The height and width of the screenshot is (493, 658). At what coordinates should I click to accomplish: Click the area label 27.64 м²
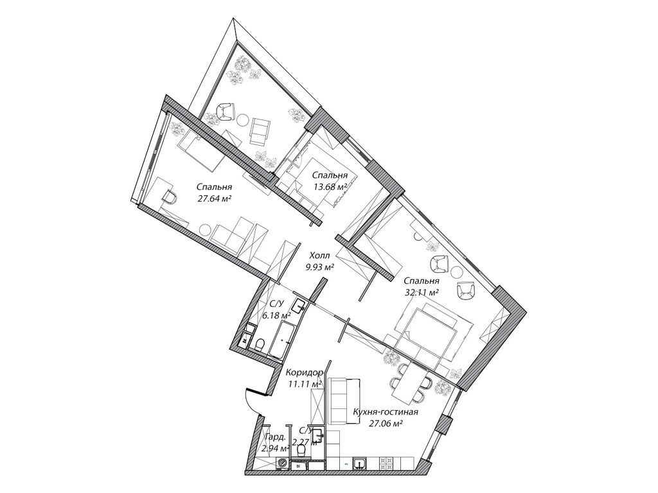coord(215,198)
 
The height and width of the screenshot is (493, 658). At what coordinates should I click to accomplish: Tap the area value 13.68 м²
coord(330,187)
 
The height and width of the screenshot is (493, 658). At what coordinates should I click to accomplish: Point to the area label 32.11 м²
coord(421,292)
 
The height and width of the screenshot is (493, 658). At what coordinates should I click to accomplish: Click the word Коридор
coord(303,372)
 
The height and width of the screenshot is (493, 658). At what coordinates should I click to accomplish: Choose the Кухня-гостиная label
coord(386,411)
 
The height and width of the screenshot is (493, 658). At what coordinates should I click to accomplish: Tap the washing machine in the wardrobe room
coord(283,463)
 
